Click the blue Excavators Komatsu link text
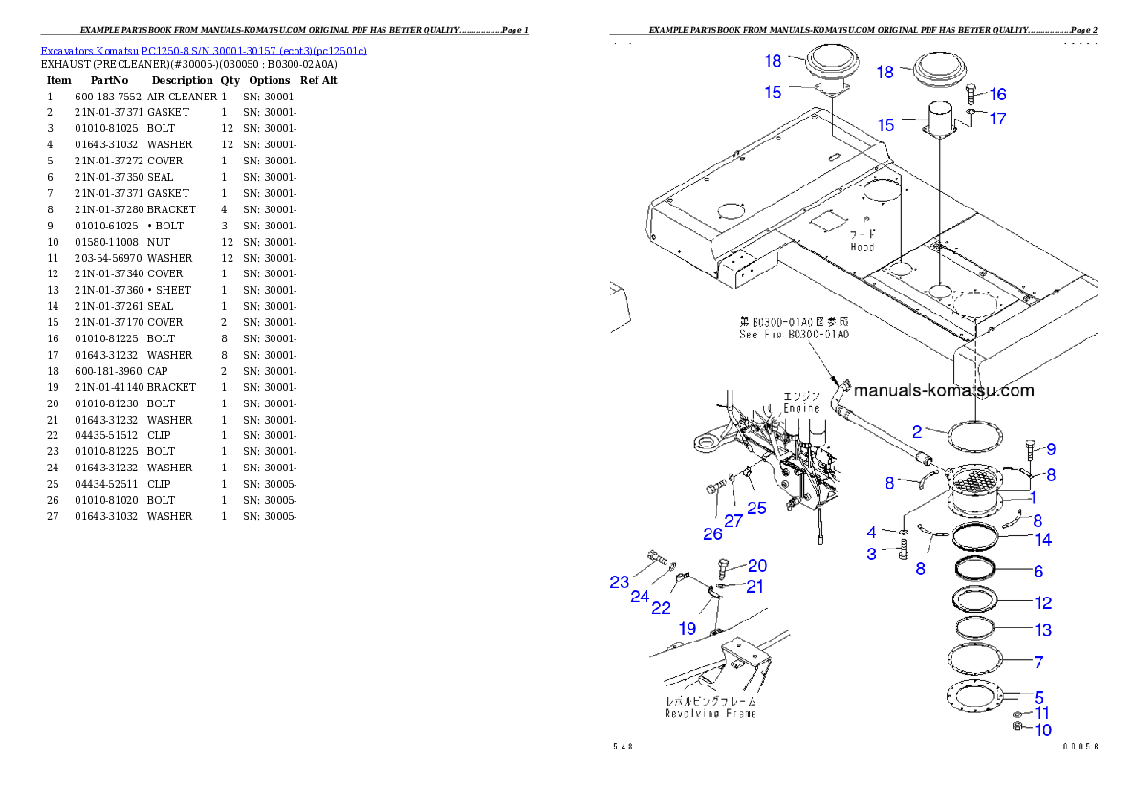pyautogui.click(x=203, y=50)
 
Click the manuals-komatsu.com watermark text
pyautogui.click(x=943, y=390)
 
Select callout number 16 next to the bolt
pyautogui.click(x=997, y=95)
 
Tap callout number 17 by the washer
pyautogui.click(x=997, y=120)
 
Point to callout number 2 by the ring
pyautogui.click(x=916, y=431)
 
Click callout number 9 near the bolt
pyautogui.click(x=1050, y=448)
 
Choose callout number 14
pyautogui.click(x=1042, y=540)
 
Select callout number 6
pyautogui.click(x=1038, y=572)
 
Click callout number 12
pyautogui.click(x=1042, y=603)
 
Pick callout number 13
pyautogui.click(x=1042, y=630)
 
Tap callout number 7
pyautogui.click(x=1039, y=662)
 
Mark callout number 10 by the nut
pyautogui.click(x=1041, y=730)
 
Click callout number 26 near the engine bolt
pyautogui.click(x=713, y=534)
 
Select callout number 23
pyautogui.click(x=620, y=581)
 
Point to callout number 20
pyautogui.click(x=756, y=566)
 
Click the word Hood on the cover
pyautogui.click(x=862, y=248)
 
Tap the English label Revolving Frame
pyautogui.click(x=711, y=713)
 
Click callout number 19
pyautogui.click(x=688, y=628)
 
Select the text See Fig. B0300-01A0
pyautogui.click(x=794, y=335)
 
